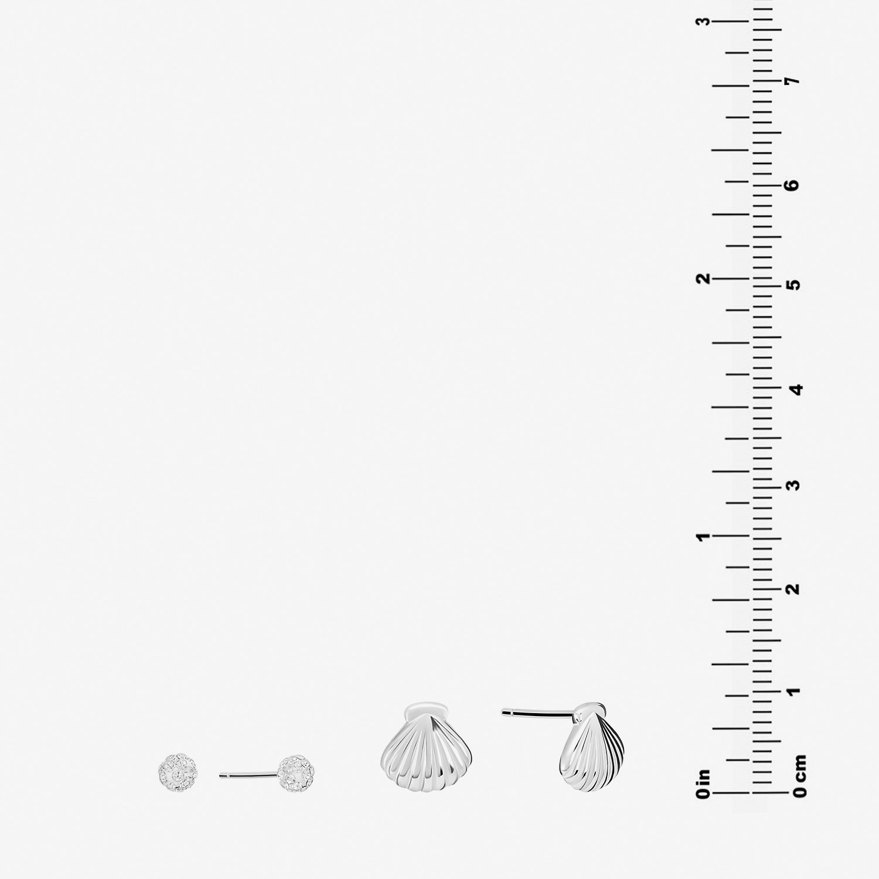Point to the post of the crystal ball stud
tap(248, 775)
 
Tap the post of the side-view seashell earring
tap(537, 713)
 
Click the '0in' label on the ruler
tap(703, 783)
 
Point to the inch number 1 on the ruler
tap(703, 536)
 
